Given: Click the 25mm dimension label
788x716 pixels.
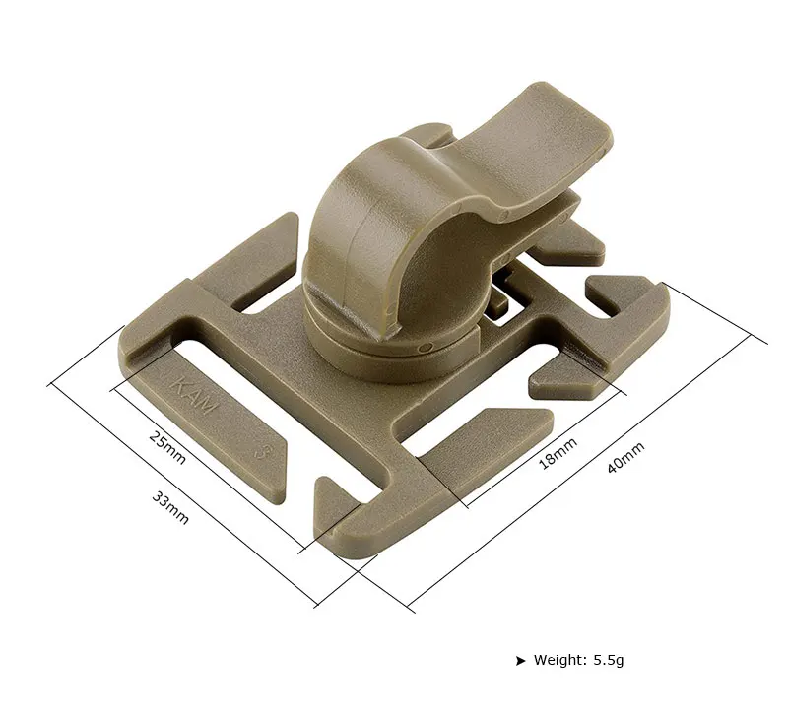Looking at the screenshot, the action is coord(167,448).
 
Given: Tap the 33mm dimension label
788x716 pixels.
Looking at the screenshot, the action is coord(170,507).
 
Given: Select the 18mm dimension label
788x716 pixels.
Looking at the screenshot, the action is coord(558,453).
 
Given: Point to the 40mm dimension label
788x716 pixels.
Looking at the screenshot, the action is coord(625,458).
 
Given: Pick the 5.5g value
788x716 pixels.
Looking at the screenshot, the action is coord(609,660).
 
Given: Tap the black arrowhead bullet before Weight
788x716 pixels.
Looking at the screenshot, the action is coord(520,660).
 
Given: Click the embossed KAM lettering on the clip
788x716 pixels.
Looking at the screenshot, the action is coord(194,396).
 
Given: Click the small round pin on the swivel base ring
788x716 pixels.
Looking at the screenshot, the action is coord(427,347).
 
